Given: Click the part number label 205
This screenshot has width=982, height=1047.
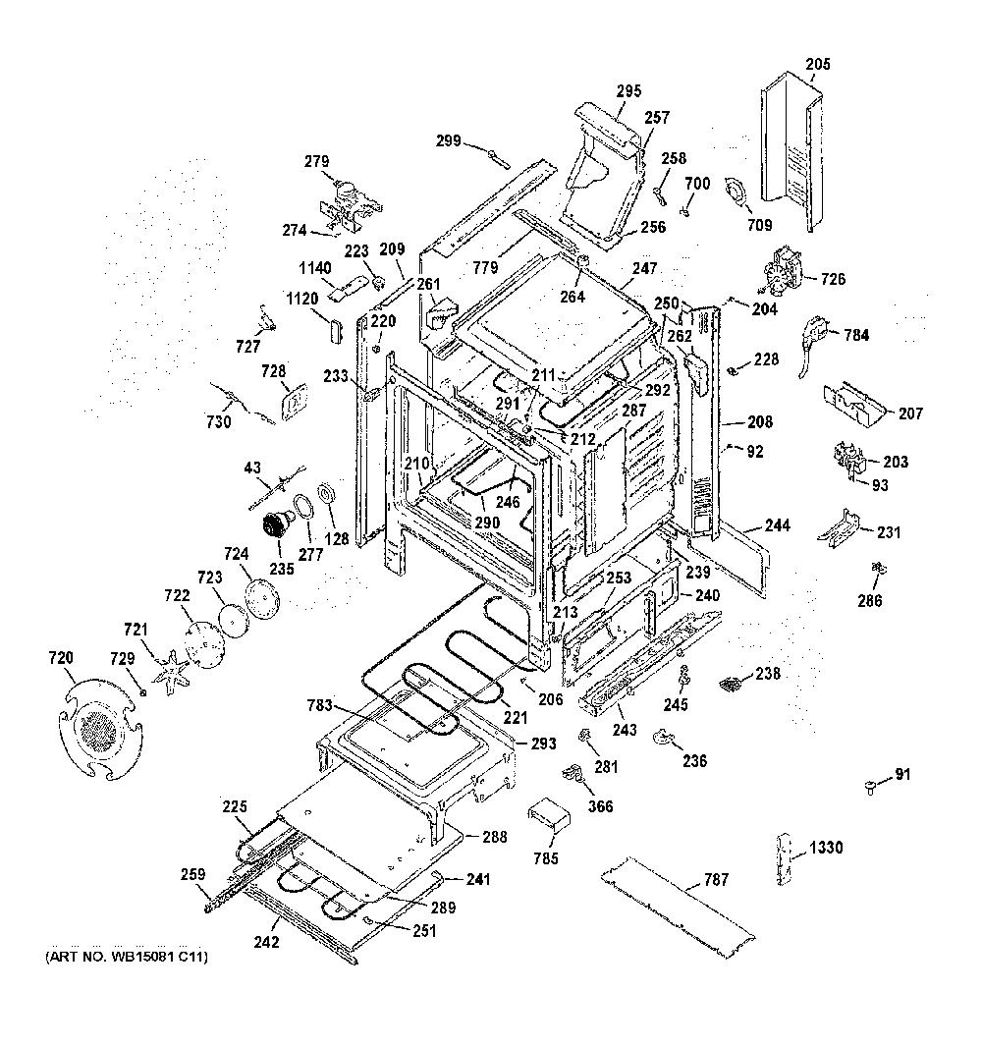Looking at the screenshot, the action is click(x=817, y=65).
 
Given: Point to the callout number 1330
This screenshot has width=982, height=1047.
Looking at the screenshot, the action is click(x=827, y=848).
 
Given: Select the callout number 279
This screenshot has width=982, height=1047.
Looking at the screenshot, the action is click(x=316, y=162).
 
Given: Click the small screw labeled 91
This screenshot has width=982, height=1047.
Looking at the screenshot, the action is click(x=870, y=787).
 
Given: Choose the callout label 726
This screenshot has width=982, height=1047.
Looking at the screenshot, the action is click(x=833, y=279).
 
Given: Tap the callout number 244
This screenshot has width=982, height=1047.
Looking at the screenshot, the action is click(x=777, y=525).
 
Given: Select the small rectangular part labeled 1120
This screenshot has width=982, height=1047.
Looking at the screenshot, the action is click(x=333, y=328).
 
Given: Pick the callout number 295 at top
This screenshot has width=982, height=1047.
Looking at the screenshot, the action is click(x=628, y=90).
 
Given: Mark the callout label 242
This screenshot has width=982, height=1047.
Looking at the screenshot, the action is click(x=266, y=942).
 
